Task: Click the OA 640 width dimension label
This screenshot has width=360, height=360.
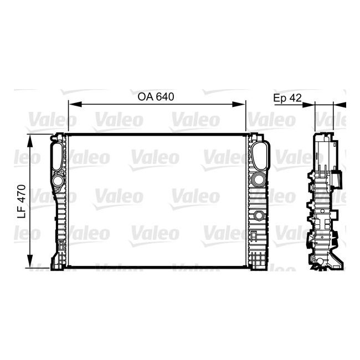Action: pos(156,96)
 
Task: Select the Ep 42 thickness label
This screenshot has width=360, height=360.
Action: pos(287,97)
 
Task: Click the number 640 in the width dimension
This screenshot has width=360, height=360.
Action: pos(165,96)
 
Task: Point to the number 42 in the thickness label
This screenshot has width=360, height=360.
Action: pos(295,97)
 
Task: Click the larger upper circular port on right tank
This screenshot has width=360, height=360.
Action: pos(258,179)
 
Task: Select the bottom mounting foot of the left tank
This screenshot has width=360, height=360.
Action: pos(58,261)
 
